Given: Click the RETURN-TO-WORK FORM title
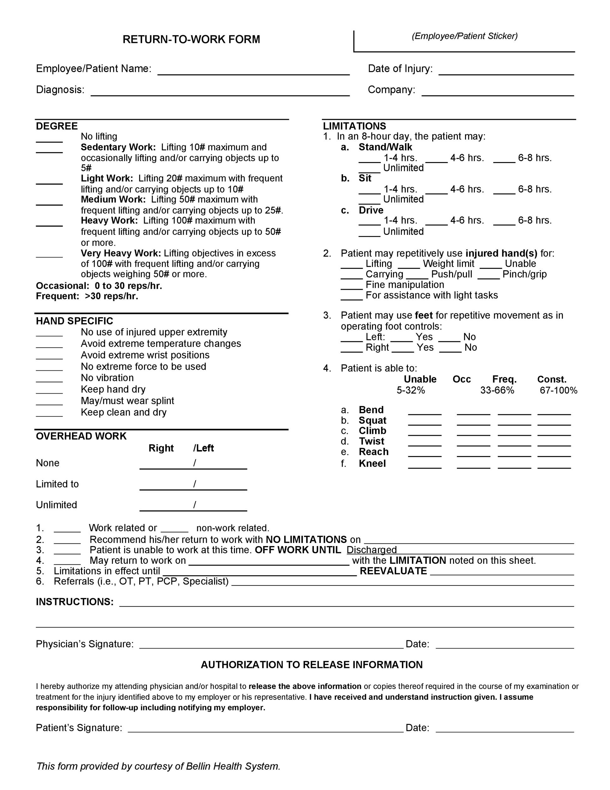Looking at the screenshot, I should [191, 39].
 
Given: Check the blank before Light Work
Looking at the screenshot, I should [49, 181].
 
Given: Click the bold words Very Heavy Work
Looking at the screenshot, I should [121, 253].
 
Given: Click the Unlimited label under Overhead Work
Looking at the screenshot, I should [57, 505].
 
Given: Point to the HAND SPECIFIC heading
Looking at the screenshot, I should [75, 321].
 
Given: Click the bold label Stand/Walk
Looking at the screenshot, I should [385, 147].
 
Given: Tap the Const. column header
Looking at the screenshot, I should [552, 379].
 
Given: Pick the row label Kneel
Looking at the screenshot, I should [372, 463].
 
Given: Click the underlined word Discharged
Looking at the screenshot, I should [372, 550].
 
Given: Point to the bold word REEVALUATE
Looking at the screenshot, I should [393, 571].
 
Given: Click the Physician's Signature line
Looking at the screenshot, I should [271, 645].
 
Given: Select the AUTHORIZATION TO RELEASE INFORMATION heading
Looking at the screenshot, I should [312, 665].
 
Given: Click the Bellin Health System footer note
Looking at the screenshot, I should [158, 766].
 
